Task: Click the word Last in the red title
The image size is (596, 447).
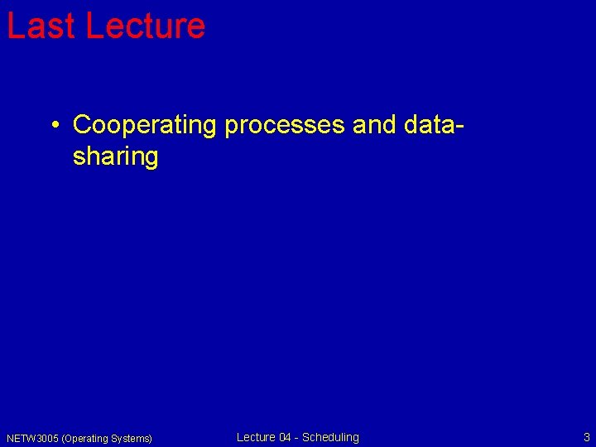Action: pyautogui.click(x=41, y=26)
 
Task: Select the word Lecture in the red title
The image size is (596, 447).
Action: pyautogui.click(x=145, y=26)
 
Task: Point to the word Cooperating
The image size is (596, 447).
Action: pyautogui.click(x=144, y=125)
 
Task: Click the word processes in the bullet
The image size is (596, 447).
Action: pyautogui.click(x=285, y=126)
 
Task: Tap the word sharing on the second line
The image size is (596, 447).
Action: pyautogui.click(x=115, y=157)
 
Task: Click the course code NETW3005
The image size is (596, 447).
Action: pyautogui.click(x=32, y=438)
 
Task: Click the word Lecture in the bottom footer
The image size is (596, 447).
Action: pyautogui.click(x=256, y=437)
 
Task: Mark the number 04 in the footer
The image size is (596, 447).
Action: pyautogui.click(x=286, y=437)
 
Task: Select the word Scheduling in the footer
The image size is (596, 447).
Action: pyautogui.click(x=330, y=437)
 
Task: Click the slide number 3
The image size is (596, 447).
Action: pyautogui.click(x=587, y=437)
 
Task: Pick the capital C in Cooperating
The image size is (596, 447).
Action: pyautogui.click(x=82, y=125)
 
